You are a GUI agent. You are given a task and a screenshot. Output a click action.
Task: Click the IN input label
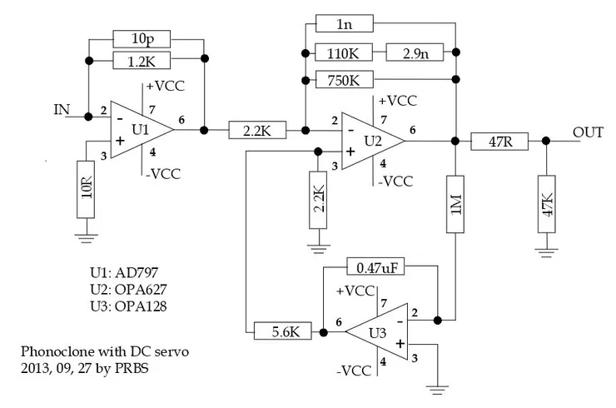coord(62,109)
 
